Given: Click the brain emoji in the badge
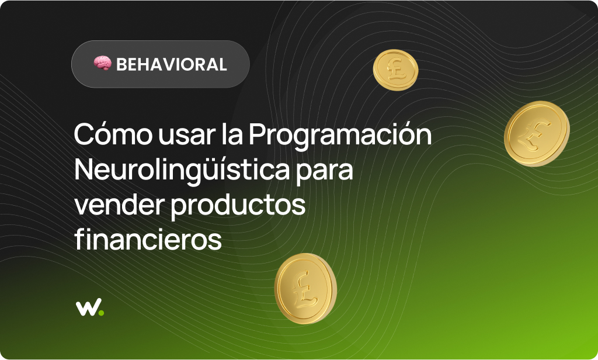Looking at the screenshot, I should pyautogui.click(x=102, y=64).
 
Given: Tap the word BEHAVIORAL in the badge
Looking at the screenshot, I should pyautogui.click(x=171, y=64).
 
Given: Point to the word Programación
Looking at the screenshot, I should pyautogui.click(x=340, y=136).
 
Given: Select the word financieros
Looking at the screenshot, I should pyautogui.click(x=148, y=240).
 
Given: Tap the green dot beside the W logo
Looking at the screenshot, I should pyautogui.click(x=101, y=313).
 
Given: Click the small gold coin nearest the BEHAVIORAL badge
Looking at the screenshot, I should pyautogui.click(x=395, y=70).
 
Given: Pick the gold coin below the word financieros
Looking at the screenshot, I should pyautogui.click(x=305, y=288).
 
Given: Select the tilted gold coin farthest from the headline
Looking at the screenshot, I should pyautogui.click(x=536, y=133).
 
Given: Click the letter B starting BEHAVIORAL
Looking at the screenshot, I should pyautogui.click(x=121, y=64).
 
